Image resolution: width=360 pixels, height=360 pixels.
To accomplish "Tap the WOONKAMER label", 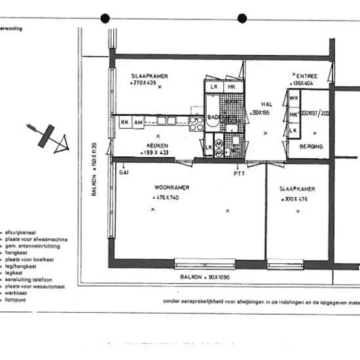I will tap(172, 187).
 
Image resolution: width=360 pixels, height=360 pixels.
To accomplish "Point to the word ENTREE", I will tap(307, 76).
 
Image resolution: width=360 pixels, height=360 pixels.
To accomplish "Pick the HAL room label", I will tap(266, 103).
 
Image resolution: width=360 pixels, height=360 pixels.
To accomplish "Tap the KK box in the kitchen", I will tap(124, 122).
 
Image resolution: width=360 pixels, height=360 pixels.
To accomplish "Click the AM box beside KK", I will tap(138, 122).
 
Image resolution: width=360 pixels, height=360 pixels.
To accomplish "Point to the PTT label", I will tap(239, 173).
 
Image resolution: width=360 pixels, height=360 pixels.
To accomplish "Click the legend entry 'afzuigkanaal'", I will tap(19, 233).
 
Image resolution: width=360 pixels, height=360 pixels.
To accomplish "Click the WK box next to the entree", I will tap(294, 98).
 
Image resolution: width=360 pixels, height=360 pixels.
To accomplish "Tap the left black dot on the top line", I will tap(105, 18).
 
